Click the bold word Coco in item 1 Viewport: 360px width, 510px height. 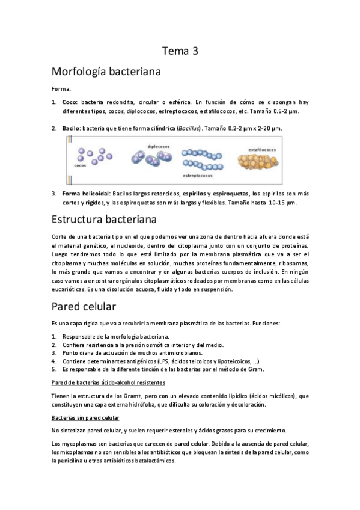point(70,102)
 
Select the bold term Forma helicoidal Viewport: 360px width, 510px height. point(86,194)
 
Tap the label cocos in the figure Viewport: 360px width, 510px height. point(80,165)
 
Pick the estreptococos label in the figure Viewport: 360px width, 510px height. point(200,176)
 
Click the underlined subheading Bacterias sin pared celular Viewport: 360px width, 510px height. point(85,417)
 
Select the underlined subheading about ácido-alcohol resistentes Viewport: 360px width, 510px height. point(108,382)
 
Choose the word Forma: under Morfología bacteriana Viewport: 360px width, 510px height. point(61,88)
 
